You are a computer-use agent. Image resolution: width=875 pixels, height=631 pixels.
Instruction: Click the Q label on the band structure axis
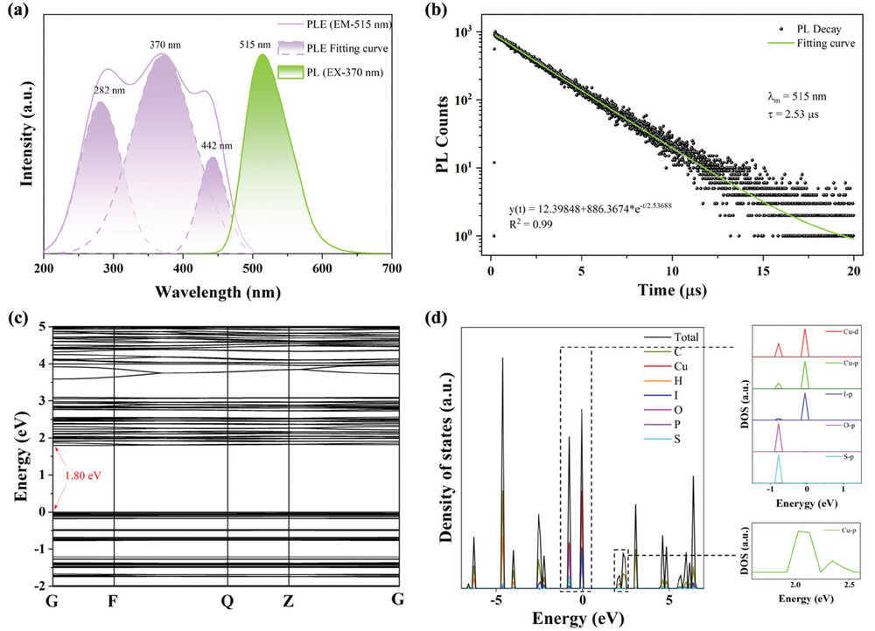coord(229,601)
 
